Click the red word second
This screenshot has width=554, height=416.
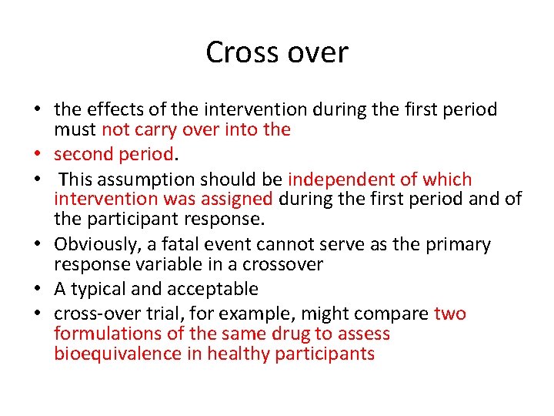click(82, 154)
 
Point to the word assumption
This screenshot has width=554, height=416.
click(145, 179)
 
